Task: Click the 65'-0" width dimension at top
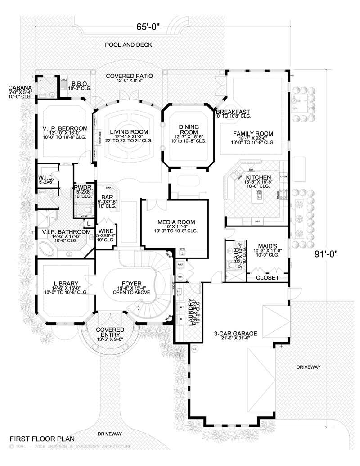pos(148,27)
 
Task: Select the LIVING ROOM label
pos(129,131)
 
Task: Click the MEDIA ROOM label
pos(176,222)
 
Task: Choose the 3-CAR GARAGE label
pos(235,334)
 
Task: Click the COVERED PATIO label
pos(129,76)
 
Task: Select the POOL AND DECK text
pos(129,45)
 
